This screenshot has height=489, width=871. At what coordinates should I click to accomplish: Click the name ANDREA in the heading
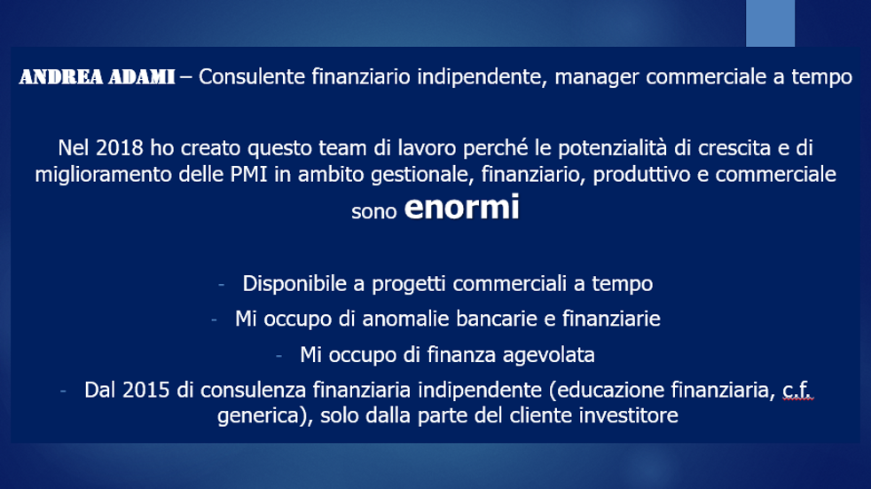(x=61, y=76)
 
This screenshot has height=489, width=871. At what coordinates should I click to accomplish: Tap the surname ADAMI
(x=142, y=76)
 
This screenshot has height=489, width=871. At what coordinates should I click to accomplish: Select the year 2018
(x=120, y=148)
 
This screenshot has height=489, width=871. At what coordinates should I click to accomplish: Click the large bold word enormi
(x=461, y=207)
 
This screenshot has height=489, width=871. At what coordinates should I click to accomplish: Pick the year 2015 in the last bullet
(x=145, y=390)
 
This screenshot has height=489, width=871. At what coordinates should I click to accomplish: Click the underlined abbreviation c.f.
(x=797, y=390)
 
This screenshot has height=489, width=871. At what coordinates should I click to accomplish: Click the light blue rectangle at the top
(x=770, y=23)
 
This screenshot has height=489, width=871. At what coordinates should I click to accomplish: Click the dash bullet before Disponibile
(x=222, y=285)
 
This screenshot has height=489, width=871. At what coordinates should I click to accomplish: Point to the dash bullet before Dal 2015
(x=63, y=391)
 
